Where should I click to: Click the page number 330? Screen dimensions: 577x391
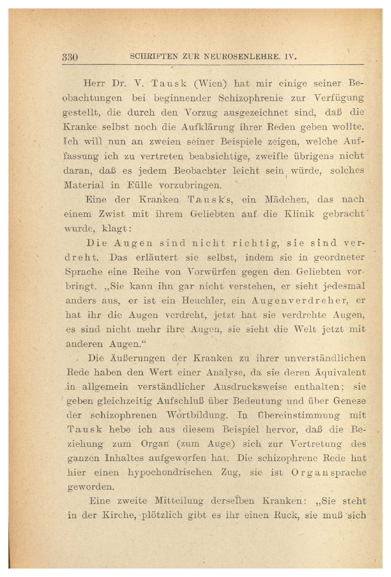click(70, 57)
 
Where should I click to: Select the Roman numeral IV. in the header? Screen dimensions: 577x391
click(290, 57)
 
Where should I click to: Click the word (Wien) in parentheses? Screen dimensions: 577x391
click(210, 84)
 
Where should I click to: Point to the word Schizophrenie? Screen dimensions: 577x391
click(251, 98)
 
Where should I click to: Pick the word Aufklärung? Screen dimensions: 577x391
click(208, 127)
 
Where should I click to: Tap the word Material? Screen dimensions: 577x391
click(83, 185)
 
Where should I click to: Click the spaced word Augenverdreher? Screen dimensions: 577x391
click(300, 301)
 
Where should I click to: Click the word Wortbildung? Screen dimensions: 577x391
click(197, 415)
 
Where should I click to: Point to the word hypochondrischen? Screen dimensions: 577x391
click(170, 472)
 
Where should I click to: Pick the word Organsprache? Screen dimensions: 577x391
click(329, 472)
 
